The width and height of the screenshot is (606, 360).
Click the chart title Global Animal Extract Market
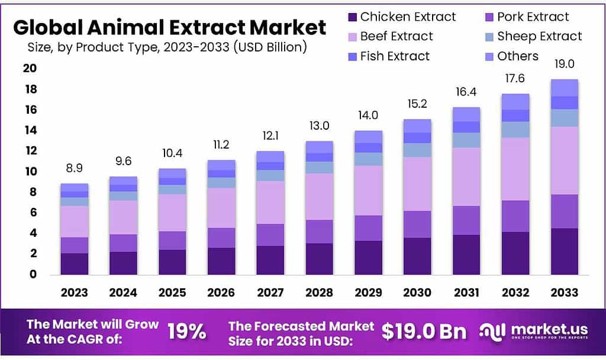(x=169, y=27)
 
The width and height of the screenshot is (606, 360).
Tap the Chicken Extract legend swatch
(x=352, y=17)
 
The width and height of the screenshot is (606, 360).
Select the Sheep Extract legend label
(x=539, y=37)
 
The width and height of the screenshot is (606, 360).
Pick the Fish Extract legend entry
(x=395, y=56)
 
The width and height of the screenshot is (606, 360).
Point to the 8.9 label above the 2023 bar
(x=74, y=168)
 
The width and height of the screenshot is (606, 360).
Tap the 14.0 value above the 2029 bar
(x=368, y=115)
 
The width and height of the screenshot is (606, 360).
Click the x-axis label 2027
(x=270, y=292)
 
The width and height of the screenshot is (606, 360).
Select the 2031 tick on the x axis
(x=466, y=292)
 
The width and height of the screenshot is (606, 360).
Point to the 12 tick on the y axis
(x=31, y=151)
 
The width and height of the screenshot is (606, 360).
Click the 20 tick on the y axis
(x=31, y=69)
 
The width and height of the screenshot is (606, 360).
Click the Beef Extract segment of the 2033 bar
(x=565, y=160)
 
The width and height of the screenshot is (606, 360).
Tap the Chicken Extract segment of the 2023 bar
(x=74, y=263)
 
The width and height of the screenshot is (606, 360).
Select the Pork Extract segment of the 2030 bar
(x=417, y=224)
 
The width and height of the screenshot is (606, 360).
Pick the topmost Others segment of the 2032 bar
(x=515, y=101)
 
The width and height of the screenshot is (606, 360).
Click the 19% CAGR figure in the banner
(x=187, y=332)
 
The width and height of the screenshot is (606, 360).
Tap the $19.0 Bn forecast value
(x=424, y=332)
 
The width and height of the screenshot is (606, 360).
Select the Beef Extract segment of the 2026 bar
(x=221, y=207)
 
